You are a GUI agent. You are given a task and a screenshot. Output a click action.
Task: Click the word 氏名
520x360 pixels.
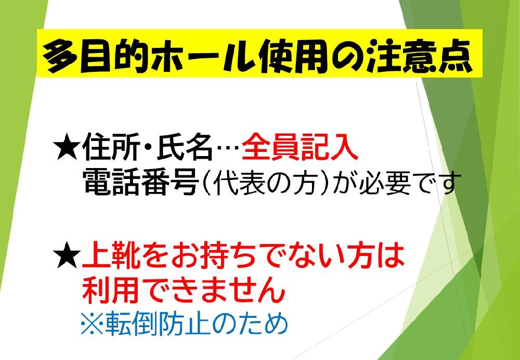point(185,149)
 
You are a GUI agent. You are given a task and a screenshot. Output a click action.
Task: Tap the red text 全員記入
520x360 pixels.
point(300,149)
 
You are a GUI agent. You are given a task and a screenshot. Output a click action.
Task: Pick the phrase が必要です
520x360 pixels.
point(397,184)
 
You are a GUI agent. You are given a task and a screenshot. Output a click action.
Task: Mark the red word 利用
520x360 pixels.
point(112,289)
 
